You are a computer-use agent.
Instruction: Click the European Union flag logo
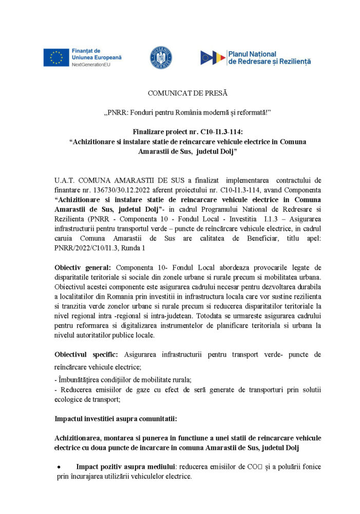click(x=56, y=58)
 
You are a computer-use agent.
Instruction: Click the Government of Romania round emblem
click(x=161, y=58)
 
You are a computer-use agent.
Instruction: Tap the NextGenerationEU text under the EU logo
click(x=90, y=65)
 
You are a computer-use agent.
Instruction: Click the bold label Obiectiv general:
click(x=84, y=267)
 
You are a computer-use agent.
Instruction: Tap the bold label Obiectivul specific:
click(x=86, y=355)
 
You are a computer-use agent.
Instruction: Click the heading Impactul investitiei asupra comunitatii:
click(x=116, y=419)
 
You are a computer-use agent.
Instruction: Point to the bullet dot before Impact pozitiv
click(x=59, y=467)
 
